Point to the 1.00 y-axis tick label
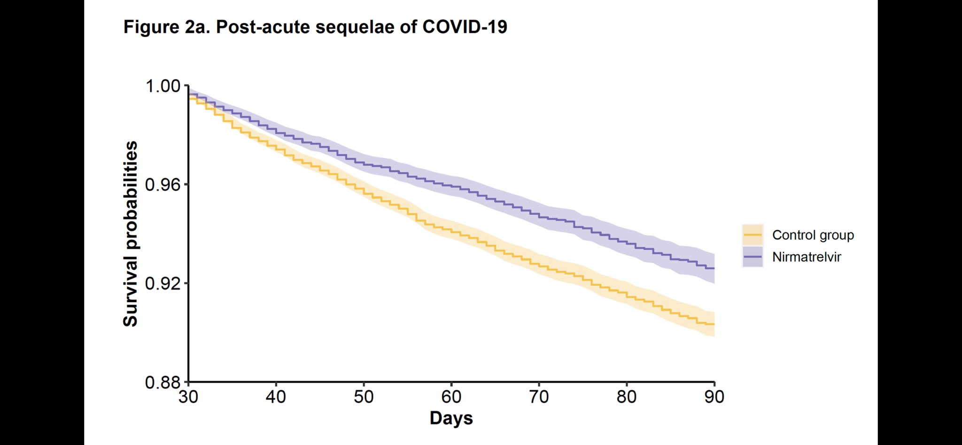pyautogui.click(x=163, y=86)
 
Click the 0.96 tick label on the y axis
pyautogui.click(x=163, y=185)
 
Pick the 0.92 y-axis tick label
pyautogui.click(x=163, y=283)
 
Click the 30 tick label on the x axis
pyautogui.click(x=188, y=397)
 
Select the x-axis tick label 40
pyautogui.click(x=276, y=397)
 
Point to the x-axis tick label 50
pyautogui.click(x=364, y=397)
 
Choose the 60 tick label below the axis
pyautogui.click(x=451, y=397)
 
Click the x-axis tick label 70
pyautogui.click(x=539, y=397)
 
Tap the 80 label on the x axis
pyautogui.click(x=627, y=397)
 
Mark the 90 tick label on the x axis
pyautogui.click(x=714, y=397)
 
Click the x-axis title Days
pyautogui.click(x=451, y=418)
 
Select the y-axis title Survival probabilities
pyautogui.click(x=131, y=234)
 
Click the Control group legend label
pyautogui.click(x=813, y=235)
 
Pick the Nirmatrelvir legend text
pyautogui.click(x=807, y=257)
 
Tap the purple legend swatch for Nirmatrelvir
pyautogui.click(x=753, y=257)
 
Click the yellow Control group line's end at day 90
pyautogui.click(x=713, y=324)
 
